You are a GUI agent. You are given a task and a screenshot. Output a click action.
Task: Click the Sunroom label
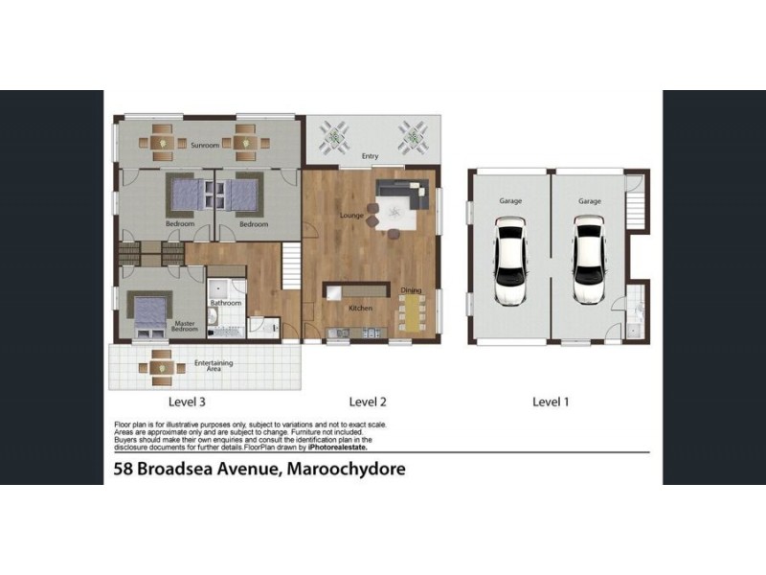tap(205, 145)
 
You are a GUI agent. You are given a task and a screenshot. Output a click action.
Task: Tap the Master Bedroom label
tap(184, 327)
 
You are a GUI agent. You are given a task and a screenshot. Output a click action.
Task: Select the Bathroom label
tap(226, 303)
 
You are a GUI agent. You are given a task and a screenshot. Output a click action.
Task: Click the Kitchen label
tap(360, 308)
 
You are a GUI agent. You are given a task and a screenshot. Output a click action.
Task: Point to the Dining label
tap(411, 290)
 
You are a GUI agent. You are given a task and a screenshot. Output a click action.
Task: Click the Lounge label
tap(351, 216)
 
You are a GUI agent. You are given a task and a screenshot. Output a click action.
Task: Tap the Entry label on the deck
tap(370, 155)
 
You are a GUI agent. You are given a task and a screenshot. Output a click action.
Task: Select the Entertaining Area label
tap(214, 365)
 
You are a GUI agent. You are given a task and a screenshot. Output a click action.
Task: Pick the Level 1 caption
tap(551, 402)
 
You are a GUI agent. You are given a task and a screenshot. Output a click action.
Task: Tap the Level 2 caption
tap(368, 402)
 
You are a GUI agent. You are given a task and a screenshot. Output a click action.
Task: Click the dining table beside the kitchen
tap(412, 312)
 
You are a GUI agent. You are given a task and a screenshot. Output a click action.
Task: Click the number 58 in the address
tap(123, 470)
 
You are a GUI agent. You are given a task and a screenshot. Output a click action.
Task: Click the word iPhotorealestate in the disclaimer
tap(336, 447)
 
